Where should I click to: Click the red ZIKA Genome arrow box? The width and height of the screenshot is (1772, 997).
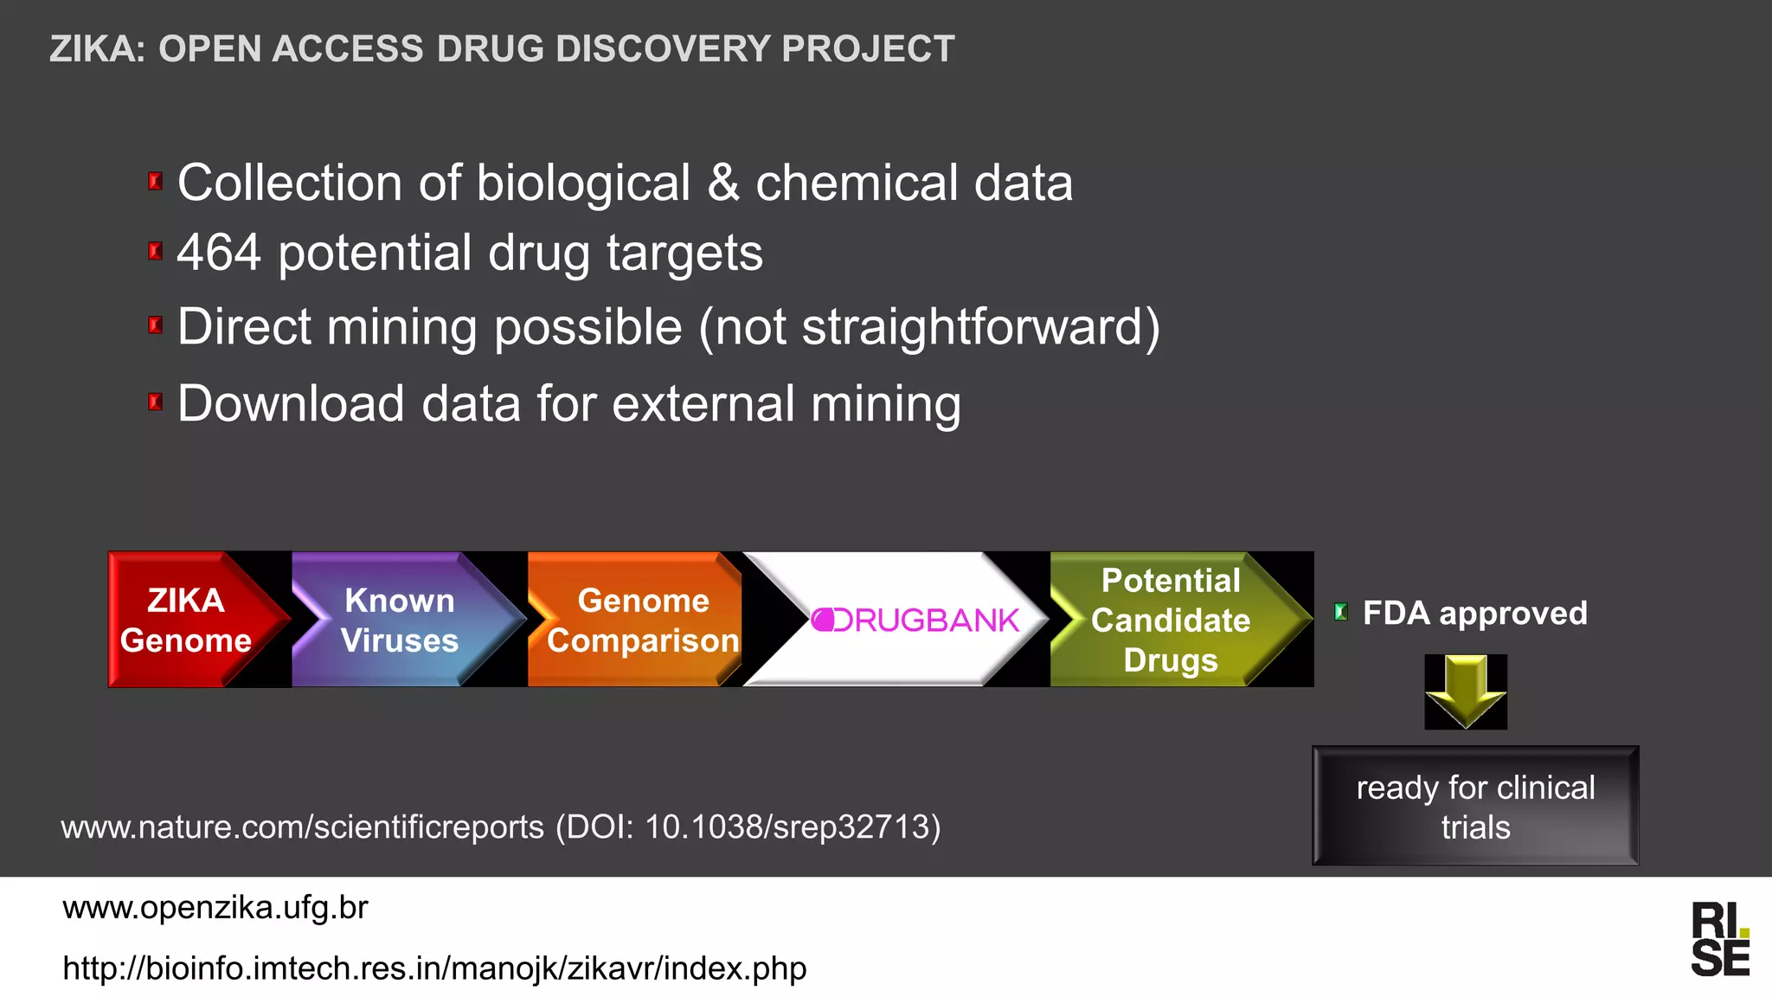pos(186,620)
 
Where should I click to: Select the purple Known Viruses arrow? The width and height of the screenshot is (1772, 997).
pos(399,620)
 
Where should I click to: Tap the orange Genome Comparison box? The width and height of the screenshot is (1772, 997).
pos(641,620)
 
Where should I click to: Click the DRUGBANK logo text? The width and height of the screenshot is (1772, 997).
pos(915,620)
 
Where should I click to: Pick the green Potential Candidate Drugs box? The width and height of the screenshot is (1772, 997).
pos(1170,620)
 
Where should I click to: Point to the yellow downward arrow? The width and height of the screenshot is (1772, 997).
pos(1466,691)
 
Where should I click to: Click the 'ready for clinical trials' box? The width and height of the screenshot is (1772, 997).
pos(1475,807)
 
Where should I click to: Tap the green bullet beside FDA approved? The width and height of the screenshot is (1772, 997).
pos(1341,613)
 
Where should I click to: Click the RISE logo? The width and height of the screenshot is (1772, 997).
pos(1720,939)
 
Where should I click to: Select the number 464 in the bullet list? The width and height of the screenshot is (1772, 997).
pos(219,253)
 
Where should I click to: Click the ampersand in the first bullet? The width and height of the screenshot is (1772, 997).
pos(723,183)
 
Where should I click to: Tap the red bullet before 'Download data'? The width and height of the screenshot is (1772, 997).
pos(156,402)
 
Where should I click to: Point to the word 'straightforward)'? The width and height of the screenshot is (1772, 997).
pos(981,327)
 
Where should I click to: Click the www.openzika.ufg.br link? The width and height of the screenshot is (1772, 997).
pos(215,907)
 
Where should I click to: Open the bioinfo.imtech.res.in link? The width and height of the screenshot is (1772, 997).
pos(434,968)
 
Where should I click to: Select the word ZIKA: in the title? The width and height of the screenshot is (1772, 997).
pos(98,48)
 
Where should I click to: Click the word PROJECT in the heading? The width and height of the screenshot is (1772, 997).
pos(868,48)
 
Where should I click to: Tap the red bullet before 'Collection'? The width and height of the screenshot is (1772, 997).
pos(156,182)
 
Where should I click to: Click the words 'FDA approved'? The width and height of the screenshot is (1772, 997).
pos(1474,613)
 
